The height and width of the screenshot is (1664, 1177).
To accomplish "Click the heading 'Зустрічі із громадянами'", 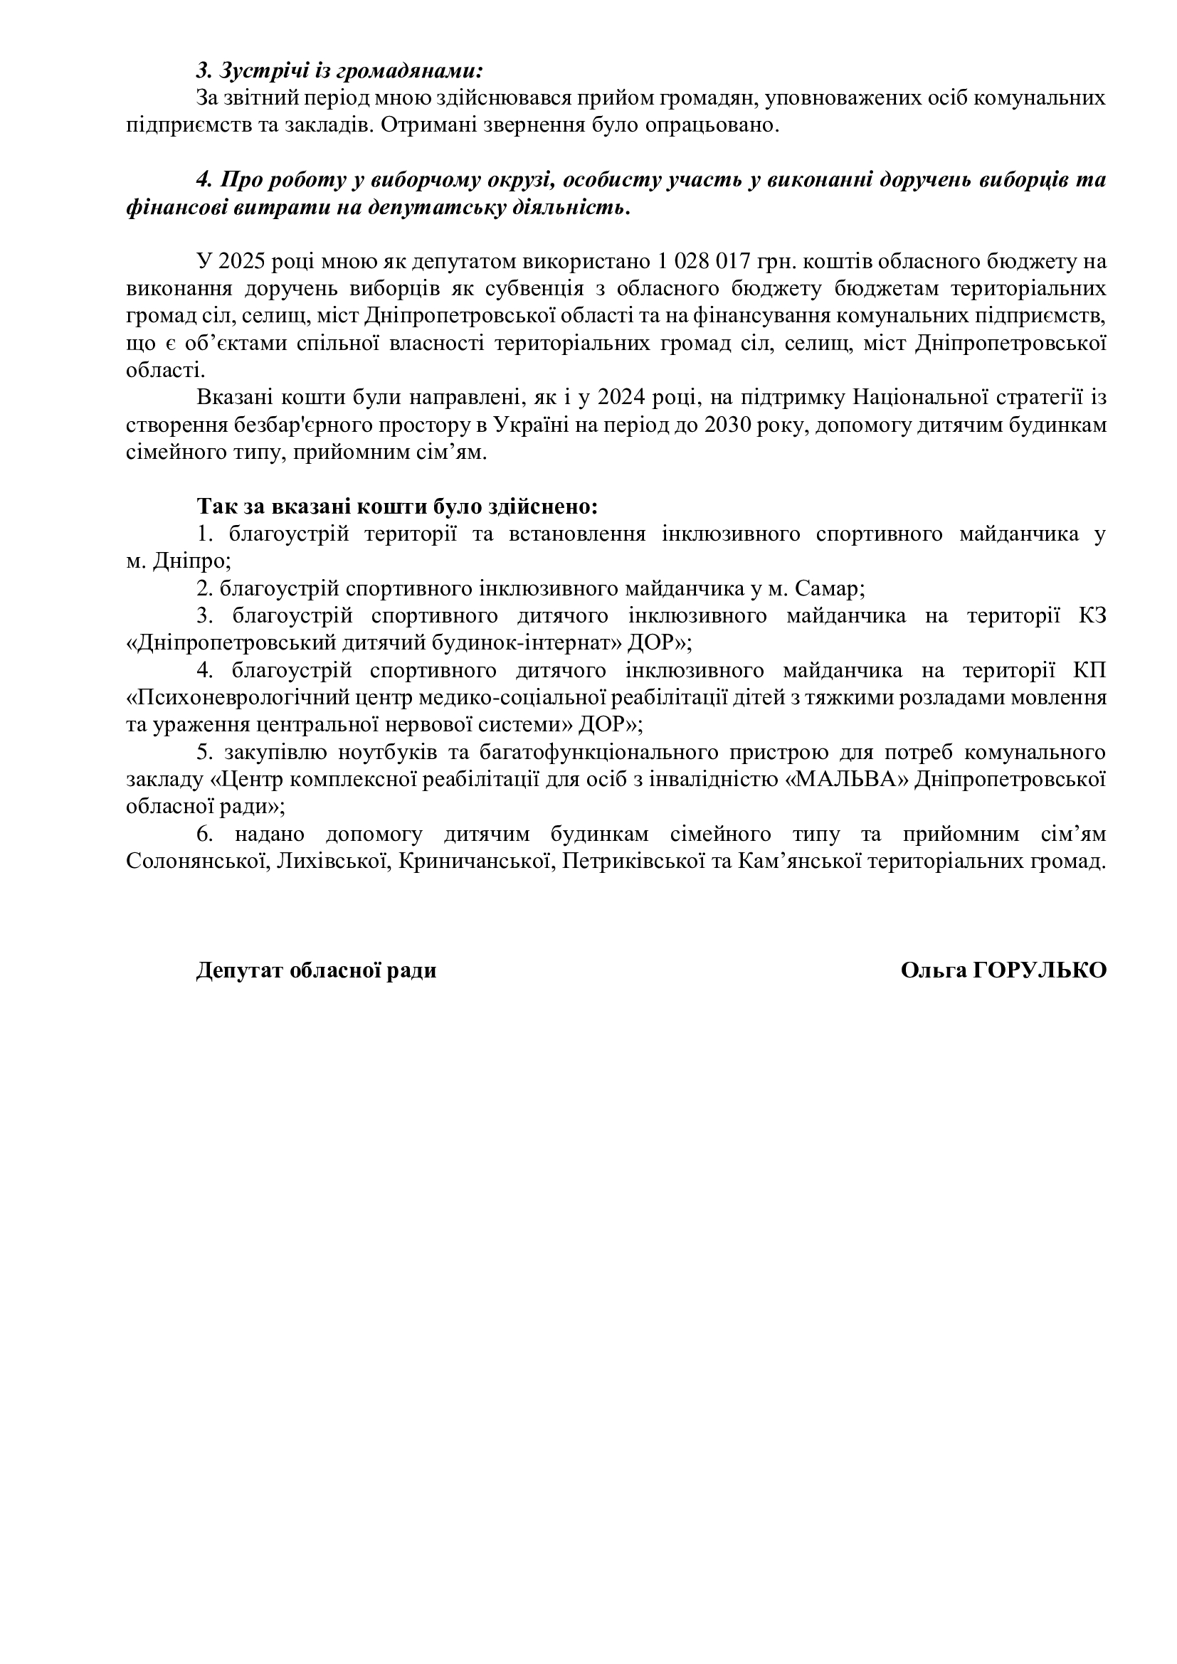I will point(339,70).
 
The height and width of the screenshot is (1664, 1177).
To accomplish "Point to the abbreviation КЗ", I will point(1092,616).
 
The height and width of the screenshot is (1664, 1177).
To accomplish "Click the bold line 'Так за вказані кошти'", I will point(397,505).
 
